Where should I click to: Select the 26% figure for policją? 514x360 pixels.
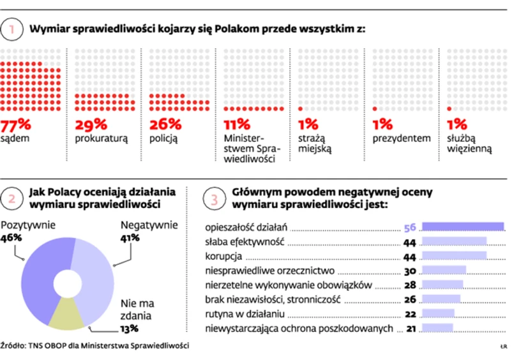pos(165,124)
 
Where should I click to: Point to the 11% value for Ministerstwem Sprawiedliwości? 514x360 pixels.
pos(236,124)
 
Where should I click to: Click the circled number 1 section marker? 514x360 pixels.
pos(12,29)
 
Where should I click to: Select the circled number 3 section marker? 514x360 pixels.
pos(213,198)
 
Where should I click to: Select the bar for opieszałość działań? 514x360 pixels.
pos(463,227)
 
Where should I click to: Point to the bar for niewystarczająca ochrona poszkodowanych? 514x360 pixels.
pos(437,328)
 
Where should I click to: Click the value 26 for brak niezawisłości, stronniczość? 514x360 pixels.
pos(410,299)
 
